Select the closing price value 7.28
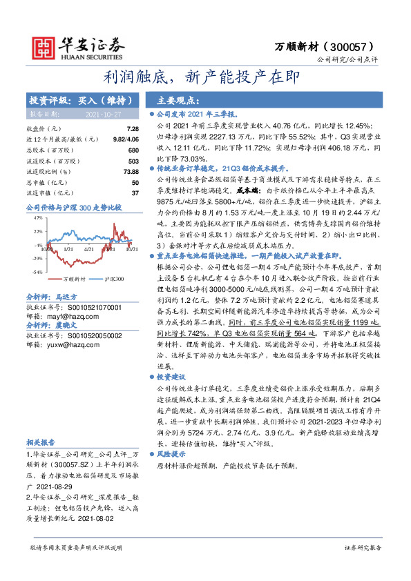pyautogui.click(x=133, y=129)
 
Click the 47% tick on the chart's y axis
pyautogui.click(x=38, y=218)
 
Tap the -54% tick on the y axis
pyautogui.click(x=37, y=271)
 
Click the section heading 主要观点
pyautogui.click(x=178, y=99)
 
